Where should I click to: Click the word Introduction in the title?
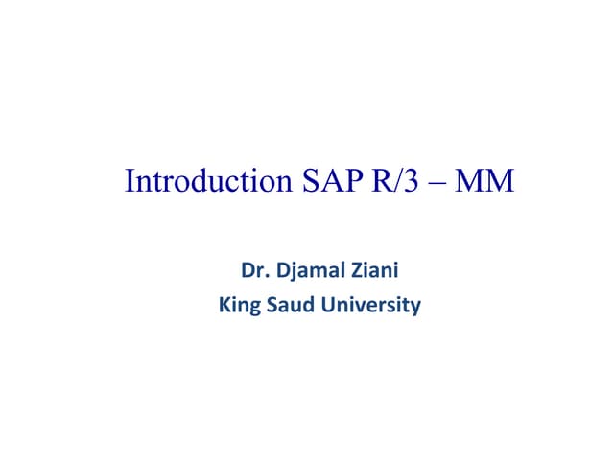point(201,181)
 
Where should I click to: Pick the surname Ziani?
point(374,271)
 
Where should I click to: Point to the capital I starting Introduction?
point(130,181)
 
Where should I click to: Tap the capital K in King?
point(224,306)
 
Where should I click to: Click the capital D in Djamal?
point(283,271)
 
